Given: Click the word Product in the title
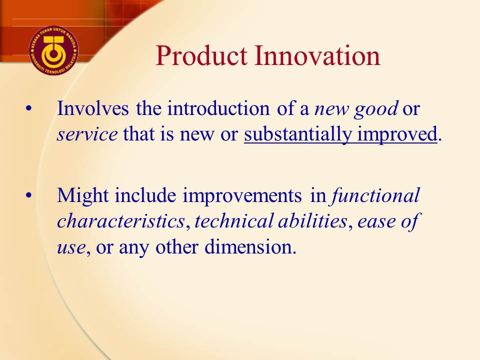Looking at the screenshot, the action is [201, 55].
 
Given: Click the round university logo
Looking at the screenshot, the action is [53, 50].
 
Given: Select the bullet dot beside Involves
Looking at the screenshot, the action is [29, 108].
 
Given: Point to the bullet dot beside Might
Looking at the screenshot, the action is [29, 195].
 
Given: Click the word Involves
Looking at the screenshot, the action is [93, 108].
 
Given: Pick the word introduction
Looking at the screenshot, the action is [218, 108].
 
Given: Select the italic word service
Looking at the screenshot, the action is [87, 134].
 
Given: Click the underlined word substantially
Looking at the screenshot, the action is [298, 134].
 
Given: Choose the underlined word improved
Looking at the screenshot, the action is [397, 134].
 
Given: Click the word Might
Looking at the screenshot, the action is [82, 196].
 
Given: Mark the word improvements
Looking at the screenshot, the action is [242, 196].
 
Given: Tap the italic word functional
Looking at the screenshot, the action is [375, 195].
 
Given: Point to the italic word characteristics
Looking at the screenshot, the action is [121, 221].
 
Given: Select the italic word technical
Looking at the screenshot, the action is [234, 221].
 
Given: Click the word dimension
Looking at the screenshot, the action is [250, 246].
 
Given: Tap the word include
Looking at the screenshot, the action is [145, 195].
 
